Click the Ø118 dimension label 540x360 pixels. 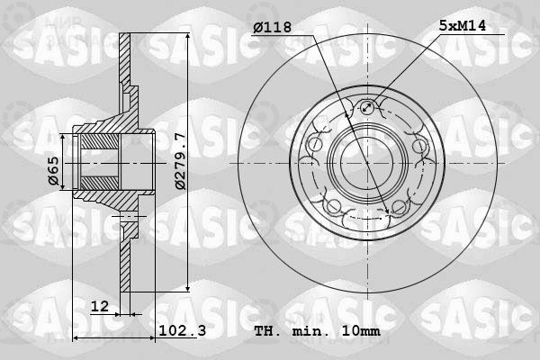pyautogui.click(x=272, y=27)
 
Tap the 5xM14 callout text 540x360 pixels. pyautogui.click(x=463, y=25)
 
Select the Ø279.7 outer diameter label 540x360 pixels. pyautogui.click(x=180, y=161)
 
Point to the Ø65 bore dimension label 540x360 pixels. pyautogui.click(x=54, y=171)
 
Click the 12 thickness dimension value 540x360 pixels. pyautogui.click(x=100, y=306)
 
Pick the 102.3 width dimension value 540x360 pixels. pyautogui.click(x=183, y=330)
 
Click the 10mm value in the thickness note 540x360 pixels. pyautogui.click(x=361, y=331)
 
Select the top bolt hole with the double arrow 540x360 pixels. pyautogui.click(x=367, y=107)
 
